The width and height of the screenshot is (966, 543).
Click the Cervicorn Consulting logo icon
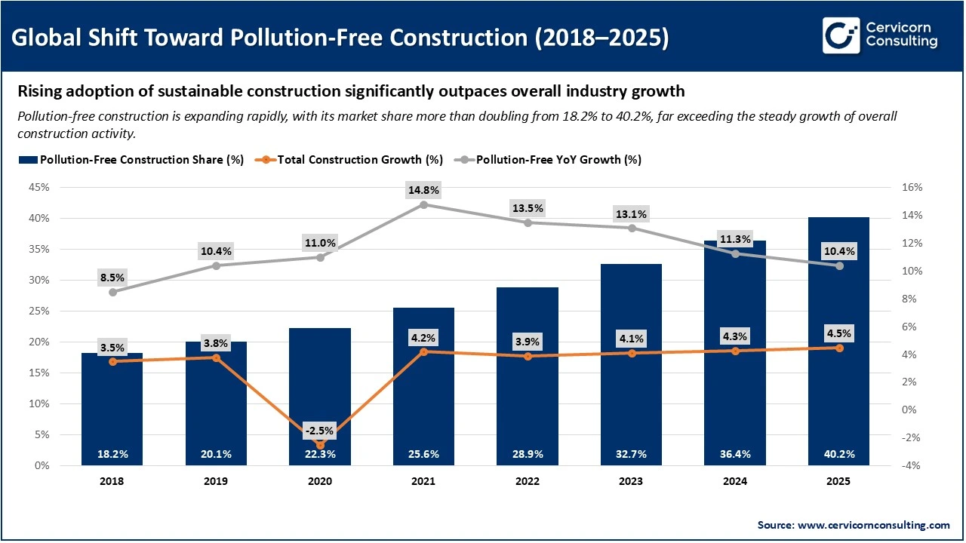841,36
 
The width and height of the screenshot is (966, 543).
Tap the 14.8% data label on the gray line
423,189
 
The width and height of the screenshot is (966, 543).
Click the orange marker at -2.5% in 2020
320,445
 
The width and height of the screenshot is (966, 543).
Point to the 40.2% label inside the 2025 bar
839,454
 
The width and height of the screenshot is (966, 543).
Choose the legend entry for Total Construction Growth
354,160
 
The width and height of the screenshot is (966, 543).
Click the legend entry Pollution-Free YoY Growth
558,160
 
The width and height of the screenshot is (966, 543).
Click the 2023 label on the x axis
632,481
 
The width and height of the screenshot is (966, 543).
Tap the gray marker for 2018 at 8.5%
112,292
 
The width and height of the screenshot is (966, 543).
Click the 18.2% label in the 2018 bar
112,454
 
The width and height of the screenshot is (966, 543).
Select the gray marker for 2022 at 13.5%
528,222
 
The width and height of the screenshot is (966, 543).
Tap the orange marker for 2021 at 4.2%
423,351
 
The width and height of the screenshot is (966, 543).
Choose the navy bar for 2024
735,362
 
